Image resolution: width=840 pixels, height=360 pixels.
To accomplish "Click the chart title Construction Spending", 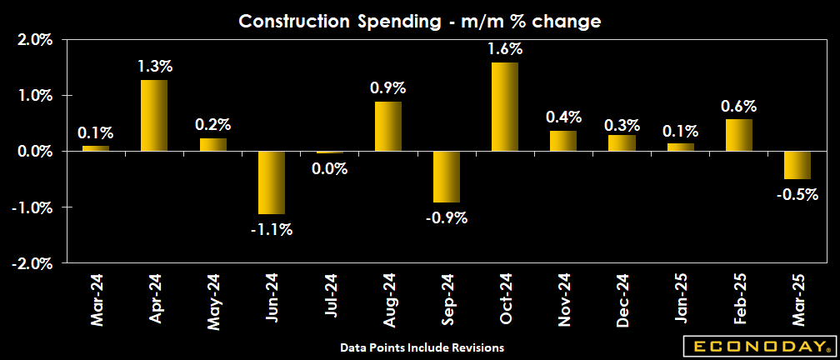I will [x=420, y=21].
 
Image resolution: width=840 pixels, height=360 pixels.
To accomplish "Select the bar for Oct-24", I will [x=505, y=107].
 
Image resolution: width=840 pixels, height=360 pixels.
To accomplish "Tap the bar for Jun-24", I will [x=272, y=182].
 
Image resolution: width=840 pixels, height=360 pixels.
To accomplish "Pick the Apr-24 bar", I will [x=154, y=115].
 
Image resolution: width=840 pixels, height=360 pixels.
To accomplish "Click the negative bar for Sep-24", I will [x=447, y=177].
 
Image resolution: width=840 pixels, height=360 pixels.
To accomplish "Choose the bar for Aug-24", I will [x=388, y=126].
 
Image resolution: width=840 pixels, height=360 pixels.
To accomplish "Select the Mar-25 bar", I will [x=797, y=165].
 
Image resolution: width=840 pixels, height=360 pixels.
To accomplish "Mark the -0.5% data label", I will [x=797, y=195].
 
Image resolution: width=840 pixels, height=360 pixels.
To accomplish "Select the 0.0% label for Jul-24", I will [x=330, y=168].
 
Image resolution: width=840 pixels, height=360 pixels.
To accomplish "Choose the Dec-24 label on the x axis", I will [x=623, y=302].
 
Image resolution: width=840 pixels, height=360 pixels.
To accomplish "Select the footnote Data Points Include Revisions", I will [x=422, y=346].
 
